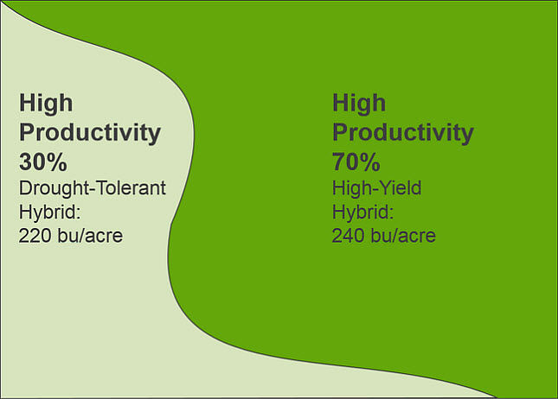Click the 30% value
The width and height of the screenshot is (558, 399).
[43, 161]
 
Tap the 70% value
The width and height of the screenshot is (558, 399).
[356, 161]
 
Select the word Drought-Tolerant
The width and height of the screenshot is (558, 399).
[92, 188]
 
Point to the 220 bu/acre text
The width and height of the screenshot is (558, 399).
[71, 235]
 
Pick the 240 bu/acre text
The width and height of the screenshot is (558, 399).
[383, 235]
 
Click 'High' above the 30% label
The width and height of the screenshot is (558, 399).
[46, 104]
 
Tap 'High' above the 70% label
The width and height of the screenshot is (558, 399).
[359, 104]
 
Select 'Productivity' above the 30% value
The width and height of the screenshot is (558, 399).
[90, 134]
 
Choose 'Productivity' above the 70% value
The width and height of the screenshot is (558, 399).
[403, 134]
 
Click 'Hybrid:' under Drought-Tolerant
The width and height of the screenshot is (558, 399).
[49, 212]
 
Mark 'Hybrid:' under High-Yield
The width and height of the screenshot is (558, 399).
[362, 212]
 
